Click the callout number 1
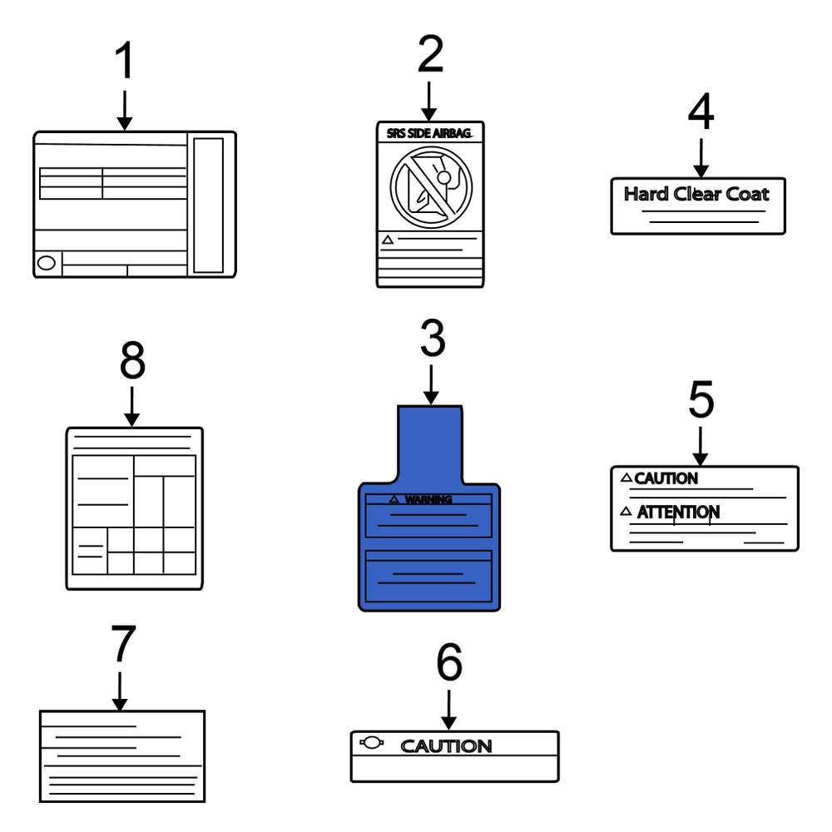124,60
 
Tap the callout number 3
433,338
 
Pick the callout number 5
701,399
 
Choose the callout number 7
123,643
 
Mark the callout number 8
132,360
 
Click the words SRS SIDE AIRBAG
428,133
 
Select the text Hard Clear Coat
696,194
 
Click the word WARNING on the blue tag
428,499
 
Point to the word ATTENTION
678,512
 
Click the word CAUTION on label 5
666,478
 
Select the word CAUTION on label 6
446,746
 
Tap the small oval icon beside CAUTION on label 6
371,742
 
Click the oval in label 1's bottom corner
46,263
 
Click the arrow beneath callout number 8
131,407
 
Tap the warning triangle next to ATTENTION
626,511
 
